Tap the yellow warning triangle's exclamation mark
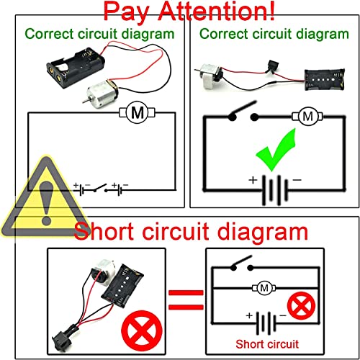[x=46, y=202]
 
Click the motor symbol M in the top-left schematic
[x=138, y=112]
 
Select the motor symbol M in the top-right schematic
[x=307, y=117]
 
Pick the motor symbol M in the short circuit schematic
[x=264, y=287]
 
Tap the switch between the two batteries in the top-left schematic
[x=100, y=188]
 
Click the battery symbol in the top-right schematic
[x=274, y=190]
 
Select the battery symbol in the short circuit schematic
[x=266, y=323]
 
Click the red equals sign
[x=186, y=300]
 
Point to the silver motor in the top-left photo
[x=100, y=92]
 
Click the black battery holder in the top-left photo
[x=76, y=67]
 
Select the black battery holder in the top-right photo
[x=325, y=79]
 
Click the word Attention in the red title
[x=217, y=12]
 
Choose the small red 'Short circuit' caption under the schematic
[x=267, y=344]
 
